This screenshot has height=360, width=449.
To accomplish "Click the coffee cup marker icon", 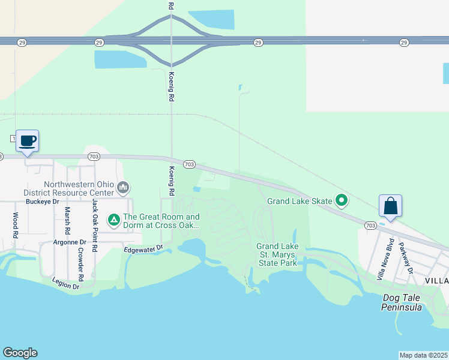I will pyautogui.click(x=27, y=141).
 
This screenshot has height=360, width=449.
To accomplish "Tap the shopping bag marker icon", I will pyautogui.click(x=390, y=206).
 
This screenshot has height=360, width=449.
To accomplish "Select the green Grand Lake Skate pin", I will pyautogui.click(x=342, y=200).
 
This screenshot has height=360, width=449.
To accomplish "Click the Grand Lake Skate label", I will pyautogui.click(x=299, y=202).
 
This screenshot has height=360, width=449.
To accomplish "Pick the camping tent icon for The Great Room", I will pyautogui.click(x=113, y=220).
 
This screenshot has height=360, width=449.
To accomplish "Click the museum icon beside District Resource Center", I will pyautogui.click(x=124, y=188).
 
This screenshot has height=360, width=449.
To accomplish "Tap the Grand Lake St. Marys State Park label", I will pyautogui.click(x=277, y=254).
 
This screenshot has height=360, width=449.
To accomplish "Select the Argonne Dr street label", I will pyautogui.click(x=70, y=242).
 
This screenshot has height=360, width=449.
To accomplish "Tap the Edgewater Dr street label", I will pyautogui.click(x=143, y=248).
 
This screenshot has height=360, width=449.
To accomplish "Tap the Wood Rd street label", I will pyautogui.click(x=15, y=226).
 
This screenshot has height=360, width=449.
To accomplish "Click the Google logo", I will pyautogui.click(x=20, y=353).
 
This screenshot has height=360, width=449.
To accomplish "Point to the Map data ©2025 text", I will pyautogui.click(x=423, y=355).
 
